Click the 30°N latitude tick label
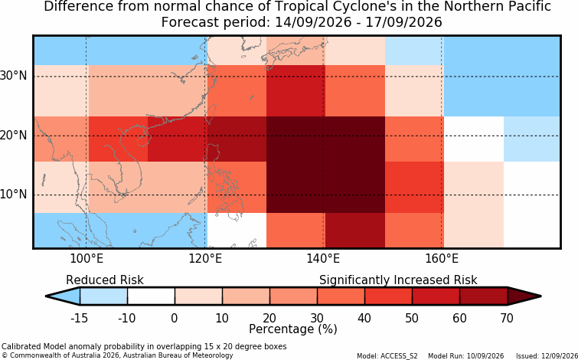(14, 76)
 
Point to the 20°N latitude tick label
(14, 136)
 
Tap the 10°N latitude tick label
(14, 195)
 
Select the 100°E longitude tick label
(87, 259)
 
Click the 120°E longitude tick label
(205, 259)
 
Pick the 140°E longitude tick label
(323, 259)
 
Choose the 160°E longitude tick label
(442, 259)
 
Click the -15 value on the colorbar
(80, 318)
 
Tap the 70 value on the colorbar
(508, 318)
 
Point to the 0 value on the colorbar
(175, 318)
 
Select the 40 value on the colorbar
(364, 318)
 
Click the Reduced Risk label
(105, 280)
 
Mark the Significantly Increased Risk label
(398, 280)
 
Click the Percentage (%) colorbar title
(293, 329)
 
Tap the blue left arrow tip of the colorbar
(47, 296)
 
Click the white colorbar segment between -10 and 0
(151, 296)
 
